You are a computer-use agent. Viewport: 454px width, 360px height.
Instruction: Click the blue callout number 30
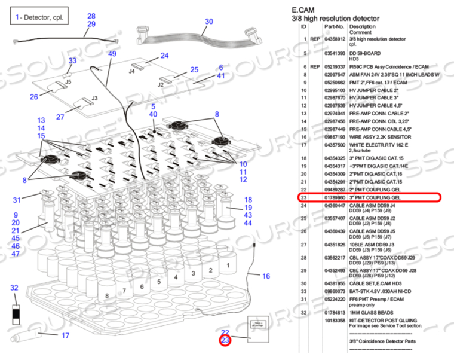[208, 22]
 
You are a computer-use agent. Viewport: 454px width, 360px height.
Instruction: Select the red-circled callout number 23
[225, 340]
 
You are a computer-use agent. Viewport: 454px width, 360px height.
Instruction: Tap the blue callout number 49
[112, 54]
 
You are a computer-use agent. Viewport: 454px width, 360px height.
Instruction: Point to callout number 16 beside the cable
[266, 276]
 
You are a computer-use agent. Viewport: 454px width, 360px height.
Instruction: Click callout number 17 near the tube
[65, 335]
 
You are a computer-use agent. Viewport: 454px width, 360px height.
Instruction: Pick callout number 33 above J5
[72, 60]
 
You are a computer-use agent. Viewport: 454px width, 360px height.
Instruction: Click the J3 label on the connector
[94, 99]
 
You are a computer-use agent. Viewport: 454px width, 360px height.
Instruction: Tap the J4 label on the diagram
[131, 71]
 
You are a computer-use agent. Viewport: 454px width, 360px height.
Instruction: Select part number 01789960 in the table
[335, 197]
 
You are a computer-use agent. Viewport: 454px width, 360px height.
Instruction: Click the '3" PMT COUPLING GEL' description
[375, 197]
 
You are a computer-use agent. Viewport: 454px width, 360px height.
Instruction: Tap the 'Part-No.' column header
[335, 26]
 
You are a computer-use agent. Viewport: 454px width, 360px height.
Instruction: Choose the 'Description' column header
[363, 26]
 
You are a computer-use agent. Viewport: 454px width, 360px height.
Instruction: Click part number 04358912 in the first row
[335, 39]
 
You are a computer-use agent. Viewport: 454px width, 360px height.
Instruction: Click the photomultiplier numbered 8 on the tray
[107, 295]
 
